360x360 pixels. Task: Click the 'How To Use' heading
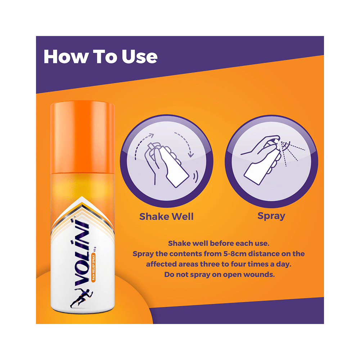tap(100, 57)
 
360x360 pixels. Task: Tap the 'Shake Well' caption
tap(166, 216)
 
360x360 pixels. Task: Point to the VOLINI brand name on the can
tap(82, 253)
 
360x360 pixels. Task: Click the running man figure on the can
tap(81, 298)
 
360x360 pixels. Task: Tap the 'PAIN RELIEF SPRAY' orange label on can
tap(94, 268)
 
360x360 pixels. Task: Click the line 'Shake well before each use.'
tap(219, 243)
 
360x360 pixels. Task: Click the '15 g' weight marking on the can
tap(95, 249)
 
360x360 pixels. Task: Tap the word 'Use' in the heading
tap(140, 57)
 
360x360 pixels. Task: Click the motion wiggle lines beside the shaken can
tap(195, 176)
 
